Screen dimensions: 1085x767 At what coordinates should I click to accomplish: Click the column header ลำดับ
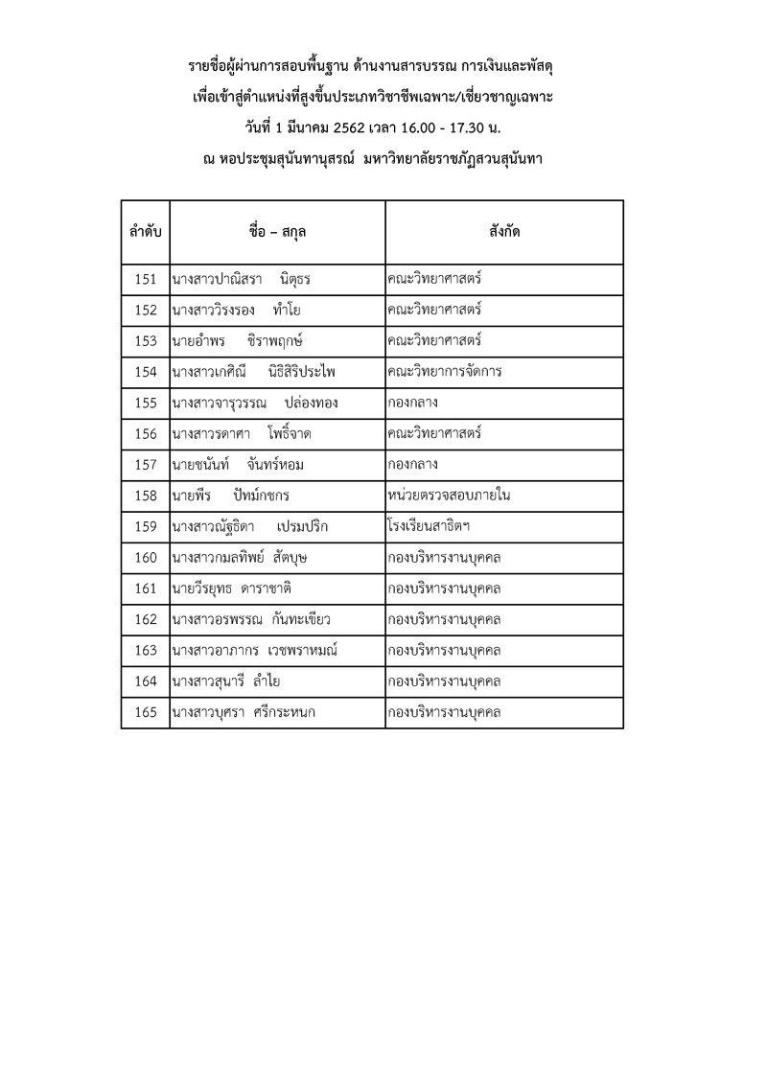click(x=145, y=233)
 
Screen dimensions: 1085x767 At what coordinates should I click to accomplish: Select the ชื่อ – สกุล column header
click(x=277, y=233)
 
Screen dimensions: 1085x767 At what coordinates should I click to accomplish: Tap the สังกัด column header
click(x=504, y=233)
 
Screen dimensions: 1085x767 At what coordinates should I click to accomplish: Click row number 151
click(x=146, y=280)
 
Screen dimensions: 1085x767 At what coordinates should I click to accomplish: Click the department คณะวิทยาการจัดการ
click(x=445, y=372)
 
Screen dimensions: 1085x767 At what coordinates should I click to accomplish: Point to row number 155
click(x=146, y=403)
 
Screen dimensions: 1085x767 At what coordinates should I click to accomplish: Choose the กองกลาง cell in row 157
click(x=412, y=465)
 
